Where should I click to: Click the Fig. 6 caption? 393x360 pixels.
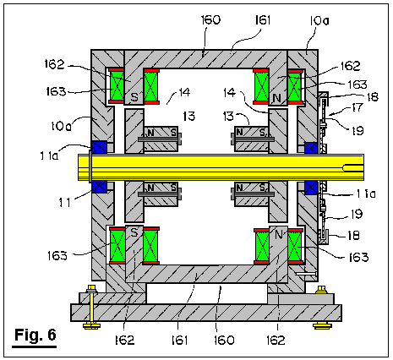(x=35, y=335)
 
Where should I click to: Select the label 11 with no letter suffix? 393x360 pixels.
(x=65, y=202)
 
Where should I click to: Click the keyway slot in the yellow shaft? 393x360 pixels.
(x=352, y=168)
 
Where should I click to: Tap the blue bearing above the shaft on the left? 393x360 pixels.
(x=99, y=147)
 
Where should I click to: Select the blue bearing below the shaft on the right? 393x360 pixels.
(x=311, y=188)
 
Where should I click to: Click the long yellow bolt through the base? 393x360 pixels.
(x=91, y=307)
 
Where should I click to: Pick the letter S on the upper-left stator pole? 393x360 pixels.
(x=135, y=97)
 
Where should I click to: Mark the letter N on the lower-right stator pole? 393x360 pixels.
(x=279, y=234)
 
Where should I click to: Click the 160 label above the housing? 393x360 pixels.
(x=210, y=19)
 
